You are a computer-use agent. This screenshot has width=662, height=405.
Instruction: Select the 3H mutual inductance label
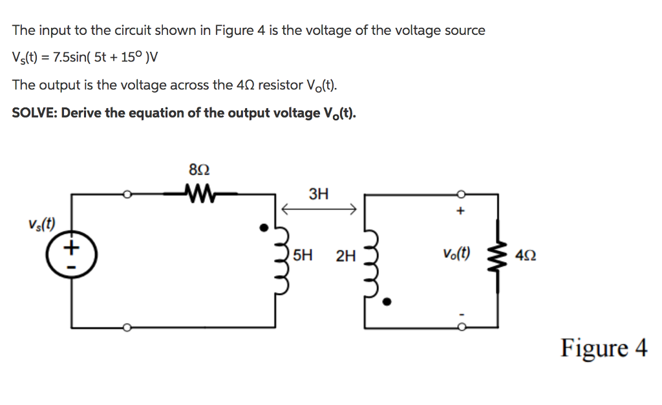point(319,193)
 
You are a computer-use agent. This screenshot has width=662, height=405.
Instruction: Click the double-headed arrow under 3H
point(319,209)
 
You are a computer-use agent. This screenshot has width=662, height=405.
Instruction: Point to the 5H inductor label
point(303,256)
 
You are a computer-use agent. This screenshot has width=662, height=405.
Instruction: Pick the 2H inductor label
point(346,256)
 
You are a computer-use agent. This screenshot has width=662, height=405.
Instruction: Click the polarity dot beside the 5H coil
point(263,227)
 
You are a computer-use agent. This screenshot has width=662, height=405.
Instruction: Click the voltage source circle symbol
point(71,252)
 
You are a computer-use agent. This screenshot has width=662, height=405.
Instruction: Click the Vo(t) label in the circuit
point(456,254)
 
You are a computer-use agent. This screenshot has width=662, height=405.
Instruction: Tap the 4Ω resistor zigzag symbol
point(498,256)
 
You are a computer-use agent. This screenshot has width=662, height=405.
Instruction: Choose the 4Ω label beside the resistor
point(526,256)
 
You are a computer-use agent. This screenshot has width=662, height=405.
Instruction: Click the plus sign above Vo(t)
point(460,211)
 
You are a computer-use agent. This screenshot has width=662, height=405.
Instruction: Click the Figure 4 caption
point(604,348)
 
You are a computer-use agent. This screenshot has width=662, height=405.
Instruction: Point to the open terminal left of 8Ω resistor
point(128,193)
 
